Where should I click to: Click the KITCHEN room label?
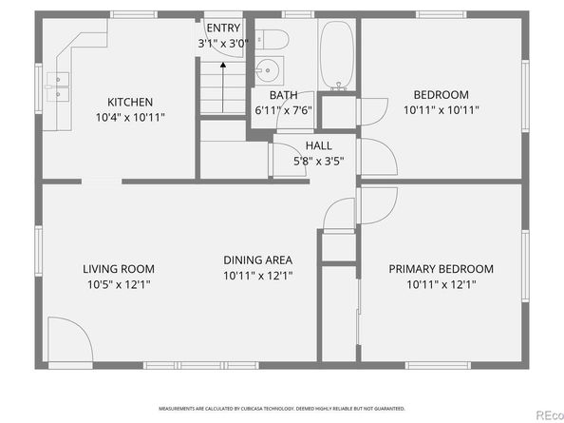coord(130,102)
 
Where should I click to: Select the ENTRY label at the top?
coord(224,29)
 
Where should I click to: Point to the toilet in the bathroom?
coord(274,39)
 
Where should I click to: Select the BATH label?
coord(283,95)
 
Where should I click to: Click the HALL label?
coord(318,145)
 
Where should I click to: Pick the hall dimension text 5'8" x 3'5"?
coord(318,160)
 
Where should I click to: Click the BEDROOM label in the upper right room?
coord(441,94)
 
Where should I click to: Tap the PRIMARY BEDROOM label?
coord(441,268)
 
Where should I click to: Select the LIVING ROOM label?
coord(118,269)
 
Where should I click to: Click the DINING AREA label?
coord(257,260)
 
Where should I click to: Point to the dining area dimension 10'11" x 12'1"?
coord(257,276)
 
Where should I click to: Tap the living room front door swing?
coord(66,340)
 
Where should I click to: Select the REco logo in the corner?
coord(545,413)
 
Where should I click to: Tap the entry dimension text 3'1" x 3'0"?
coord(224,44)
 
